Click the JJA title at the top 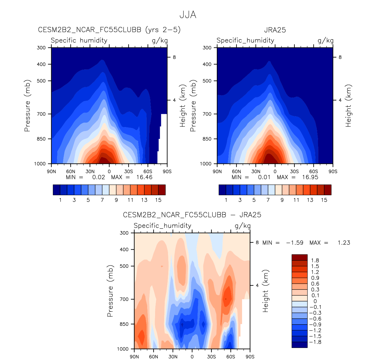point(188,15)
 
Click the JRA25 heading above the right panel point(275,30)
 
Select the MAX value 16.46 point(144,177)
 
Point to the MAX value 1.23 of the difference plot point(344,243)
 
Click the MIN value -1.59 point(294,243)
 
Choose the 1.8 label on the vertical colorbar point(315,260)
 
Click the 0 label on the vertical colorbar point(315,301)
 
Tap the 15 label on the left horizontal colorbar point(158,200)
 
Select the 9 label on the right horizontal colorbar point(282,200)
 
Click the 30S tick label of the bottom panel point(211,356)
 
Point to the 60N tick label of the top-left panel point(71,172)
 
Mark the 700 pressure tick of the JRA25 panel point(207,114)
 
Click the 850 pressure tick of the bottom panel point(124,324)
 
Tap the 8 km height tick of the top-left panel point(174,57)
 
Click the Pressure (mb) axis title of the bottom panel point(110,291)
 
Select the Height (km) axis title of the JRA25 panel point(348,106)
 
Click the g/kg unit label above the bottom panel point(243,226)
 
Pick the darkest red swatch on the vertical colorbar point(299,257)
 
